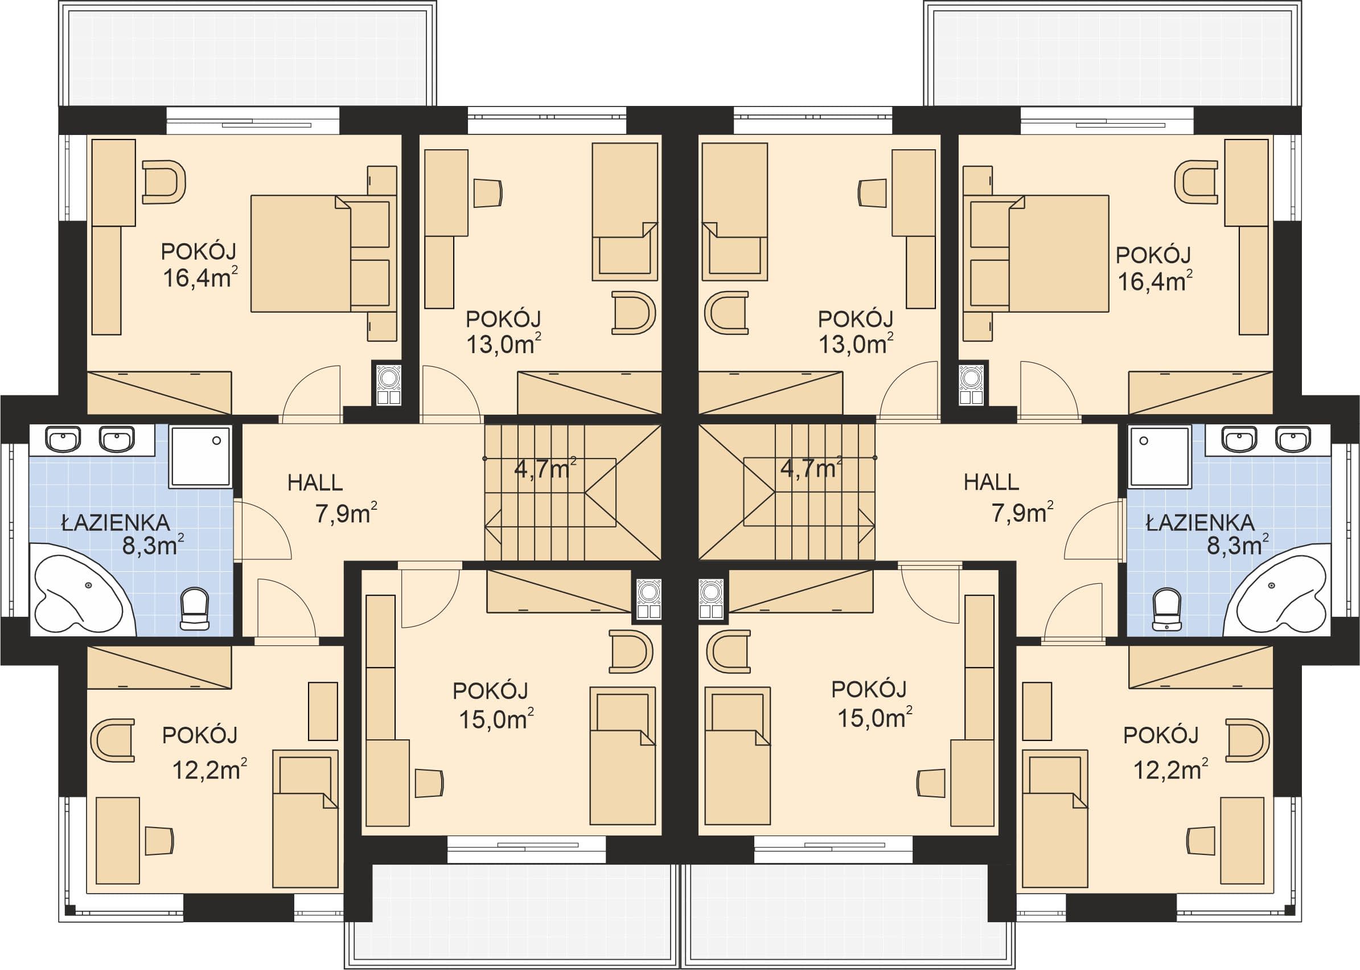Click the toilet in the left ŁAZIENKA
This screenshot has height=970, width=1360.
pos(195,609)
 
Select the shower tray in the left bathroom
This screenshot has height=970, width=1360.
pos(200,456)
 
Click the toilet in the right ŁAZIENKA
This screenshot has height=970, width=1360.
pos(1166,609)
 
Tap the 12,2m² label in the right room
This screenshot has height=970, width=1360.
pos(1171,770)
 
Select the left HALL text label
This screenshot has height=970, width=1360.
pos(315,482)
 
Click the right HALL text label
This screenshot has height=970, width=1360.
pos(992,482)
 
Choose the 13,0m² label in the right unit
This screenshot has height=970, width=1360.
pos(856,344)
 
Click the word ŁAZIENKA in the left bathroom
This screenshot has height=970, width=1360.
pos(116,523)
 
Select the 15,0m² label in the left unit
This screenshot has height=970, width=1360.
pos(496,719)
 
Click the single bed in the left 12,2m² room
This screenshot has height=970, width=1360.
pos(305,818)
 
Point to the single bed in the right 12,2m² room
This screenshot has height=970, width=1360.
pos(1055,818)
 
